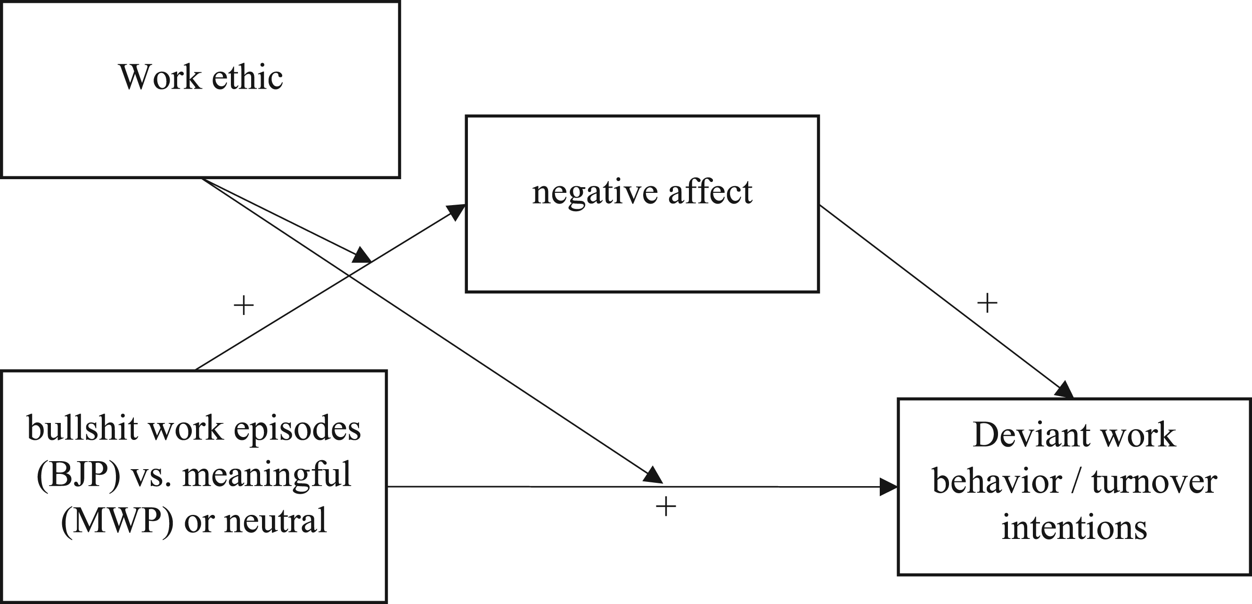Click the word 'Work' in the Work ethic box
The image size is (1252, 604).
click(x=160, y=77)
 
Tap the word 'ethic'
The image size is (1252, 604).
click(x=247, y=77)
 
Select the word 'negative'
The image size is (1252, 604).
click(x=594, y=192)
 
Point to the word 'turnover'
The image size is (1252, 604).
click(x=1154, y=482)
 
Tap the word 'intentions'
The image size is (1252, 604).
click(x=1074, y=528)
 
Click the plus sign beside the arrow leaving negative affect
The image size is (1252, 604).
click(x=987, y=304)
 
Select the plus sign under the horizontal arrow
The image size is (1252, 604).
click(x=666, y=507)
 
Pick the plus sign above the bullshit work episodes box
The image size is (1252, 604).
click(x=244, y=306)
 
